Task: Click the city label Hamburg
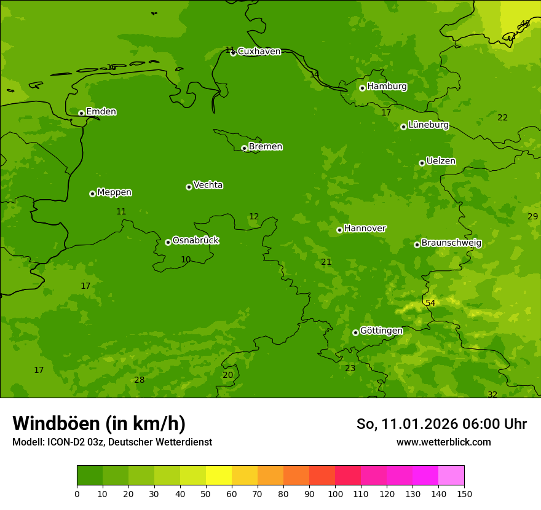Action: click(x=387, y=87)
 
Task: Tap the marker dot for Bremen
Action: click(x=244, y=148)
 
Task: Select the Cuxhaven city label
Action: click(x=259, y=52)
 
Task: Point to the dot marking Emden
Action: click(x=81, y=113)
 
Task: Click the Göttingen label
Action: click(x=381, y=331)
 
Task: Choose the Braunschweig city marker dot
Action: click(x=417, y=245)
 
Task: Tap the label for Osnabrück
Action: click(x=195, y=240)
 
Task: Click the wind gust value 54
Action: click(x=430, y=303)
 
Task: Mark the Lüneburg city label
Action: click(x=428, y=125)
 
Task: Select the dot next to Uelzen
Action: click(x=422, y=163)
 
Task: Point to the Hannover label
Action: click(x=365, y=229)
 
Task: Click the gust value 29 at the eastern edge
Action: click(x=532, y=216)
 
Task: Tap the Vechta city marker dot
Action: click(x=189, y=187)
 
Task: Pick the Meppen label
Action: click(x=114, y=192)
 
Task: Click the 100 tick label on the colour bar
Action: click(x=335, y=493)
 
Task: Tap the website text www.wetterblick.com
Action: click(x=443, y=442)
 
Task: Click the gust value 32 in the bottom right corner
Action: click(x=492, y=394)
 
